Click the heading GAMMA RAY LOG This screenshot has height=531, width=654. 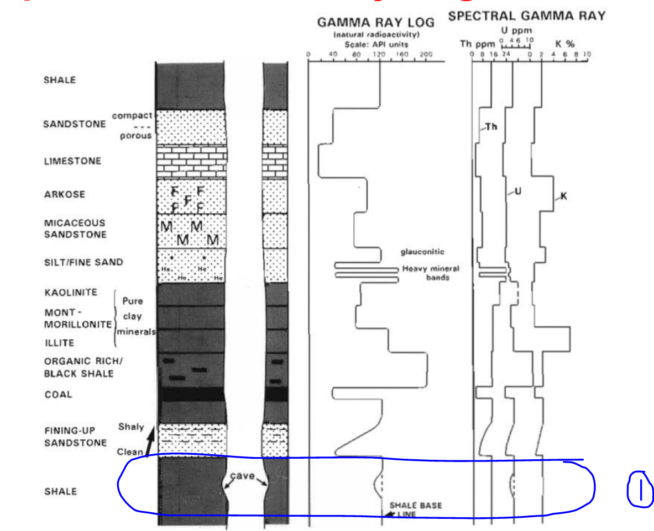375,23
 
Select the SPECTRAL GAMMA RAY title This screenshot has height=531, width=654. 527,16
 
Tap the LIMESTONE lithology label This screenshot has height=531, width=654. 72,161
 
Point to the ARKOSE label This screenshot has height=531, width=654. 64,194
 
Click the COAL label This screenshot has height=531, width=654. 58,395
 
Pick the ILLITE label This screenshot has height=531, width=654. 59,343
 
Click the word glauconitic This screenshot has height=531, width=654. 422,252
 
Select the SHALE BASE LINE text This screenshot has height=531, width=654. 415,509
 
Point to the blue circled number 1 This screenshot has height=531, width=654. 640,488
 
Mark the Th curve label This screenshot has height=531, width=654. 491,126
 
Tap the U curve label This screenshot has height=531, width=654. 517,192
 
